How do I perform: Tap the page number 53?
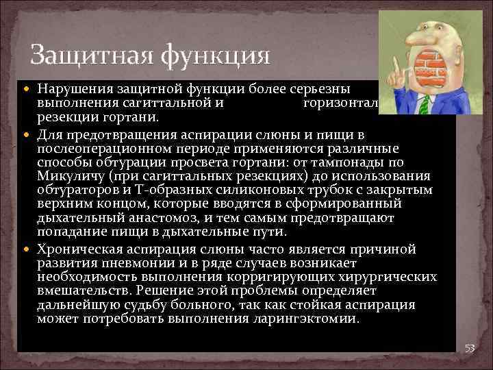click(470, 348)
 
